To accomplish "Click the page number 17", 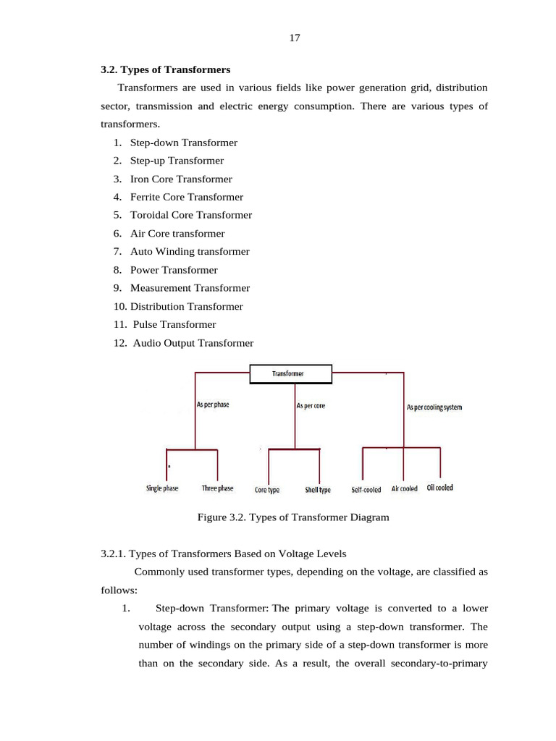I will (294, 38).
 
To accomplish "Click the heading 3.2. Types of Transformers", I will (165, 70).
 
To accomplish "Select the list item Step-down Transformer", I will (183, 143).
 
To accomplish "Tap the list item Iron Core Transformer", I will (181, 179).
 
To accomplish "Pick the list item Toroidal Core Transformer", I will (190, 215).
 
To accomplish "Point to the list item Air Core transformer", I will (177, 234).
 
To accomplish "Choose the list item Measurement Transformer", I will (190, 288).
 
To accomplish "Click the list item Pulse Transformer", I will (174, 325).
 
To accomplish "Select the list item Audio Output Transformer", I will (193, 343).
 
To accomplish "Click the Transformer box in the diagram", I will (290, 374).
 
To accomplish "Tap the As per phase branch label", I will (213, 405).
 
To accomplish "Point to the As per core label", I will (311, 406).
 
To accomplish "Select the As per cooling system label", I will (434, 407).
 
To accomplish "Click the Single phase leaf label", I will (162, 488).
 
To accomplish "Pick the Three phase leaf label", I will (217, 488).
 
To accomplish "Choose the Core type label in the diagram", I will (267, 490).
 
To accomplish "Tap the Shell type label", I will (318, 490).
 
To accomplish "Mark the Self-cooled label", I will (366, 490).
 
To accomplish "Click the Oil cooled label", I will (440, 488).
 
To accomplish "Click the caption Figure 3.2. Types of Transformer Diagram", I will (293, 517).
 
